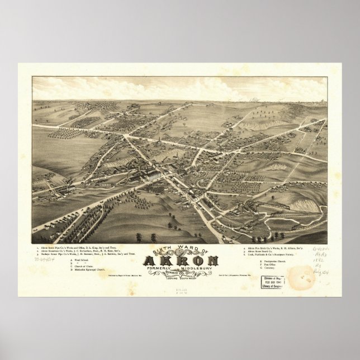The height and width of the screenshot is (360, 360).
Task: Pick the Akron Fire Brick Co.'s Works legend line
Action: pyautogui.click(x=274, y=231)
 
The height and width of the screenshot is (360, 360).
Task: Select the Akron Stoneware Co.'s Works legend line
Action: pyautogui.click(x=84, y=235)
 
